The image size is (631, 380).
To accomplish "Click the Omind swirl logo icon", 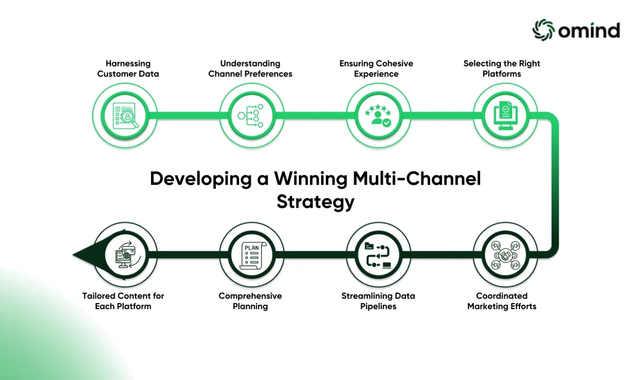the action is (x=543, y=30).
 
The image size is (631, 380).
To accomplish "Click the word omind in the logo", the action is (x=589, y=31).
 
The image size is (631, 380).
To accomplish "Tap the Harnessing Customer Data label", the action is (x=128, y=68).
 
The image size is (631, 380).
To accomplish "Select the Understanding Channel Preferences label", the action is (x=250, y=68).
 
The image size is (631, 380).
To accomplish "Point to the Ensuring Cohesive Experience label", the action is (x=377, y=68).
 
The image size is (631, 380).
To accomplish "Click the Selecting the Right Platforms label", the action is (x=502, y=68).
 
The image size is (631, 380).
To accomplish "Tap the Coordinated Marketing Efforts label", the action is (x=502, y=301).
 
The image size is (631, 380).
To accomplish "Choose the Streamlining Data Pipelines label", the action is (x=378, y=301).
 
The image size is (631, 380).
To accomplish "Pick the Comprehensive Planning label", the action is (x=250, y=301).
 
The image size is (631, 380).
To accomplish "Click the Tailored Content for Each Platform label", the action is (x=123, y=301).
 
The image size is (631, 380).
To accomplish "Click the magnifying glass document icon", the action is (x=126, y=116).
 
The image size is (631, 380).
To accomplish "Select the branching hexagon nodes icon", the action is (x=251, y=116).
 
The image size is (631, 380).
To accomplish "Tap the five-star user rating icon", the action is (x=378, y=116).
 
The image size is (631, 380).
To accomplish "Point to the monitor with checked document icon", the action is (x=505, y=116).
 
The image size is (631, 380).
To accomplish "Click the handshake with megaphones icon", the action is (x=505, y=255).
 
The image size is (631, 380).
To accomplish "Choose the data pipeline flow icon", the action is (x=378, y=255).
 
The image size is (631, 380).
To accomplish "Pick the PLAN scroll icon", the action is (x=252, y=256).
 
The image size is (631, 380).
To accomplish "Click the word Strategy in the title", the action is (x=315, y=201).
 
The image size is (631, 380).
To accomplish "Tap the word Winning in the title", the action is (x=311, y=179).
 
